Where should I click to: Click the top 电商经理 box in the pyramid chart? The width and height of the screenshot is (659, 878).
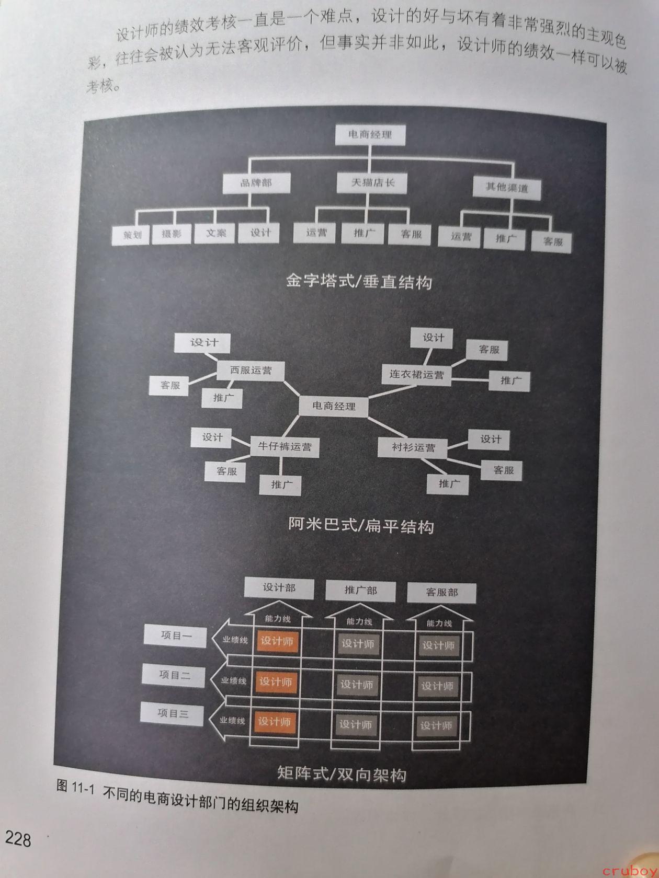click(370, 135)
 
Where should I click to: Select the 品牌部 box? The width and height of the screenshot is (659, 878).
click(256, 183)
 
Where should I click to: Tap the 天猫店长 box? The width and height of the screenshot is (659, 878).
click(372, 183)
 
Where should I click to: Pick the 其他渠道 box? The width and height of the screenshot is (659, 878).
click(507, 188)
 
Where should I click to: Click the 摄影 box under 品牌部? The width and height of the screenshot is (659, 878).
click(172, 234)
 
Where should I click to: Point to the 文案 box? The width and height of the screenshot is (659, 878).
click(215, 233)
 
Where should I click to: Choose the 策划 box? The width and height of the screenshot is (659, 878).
click(131, 235)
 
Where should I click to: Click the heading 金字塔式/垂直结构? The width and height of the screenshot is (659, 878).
click(359, 281)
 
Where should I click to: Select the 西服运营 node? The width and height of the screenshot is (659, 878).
click(251, 371)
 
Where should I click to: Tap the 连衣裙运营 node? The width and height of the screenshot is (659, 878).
click(416, 375)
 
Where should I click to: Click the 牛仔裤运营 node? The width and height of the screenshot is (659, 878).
click(285, 447)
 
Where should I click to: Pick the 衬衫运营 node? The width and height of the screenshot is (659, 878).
click(413, 447)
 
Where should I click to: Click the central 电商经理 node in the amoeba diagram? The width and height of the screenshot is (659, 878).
click(333, 407)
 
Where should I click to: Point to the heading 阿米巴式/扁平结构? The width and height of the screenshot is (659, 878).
click(361, 525)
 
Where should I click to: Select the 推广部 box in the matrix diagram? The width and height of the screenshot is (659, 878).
click(360, 591)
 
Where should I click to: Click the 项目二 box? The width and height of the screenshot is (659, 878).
click(173, 676)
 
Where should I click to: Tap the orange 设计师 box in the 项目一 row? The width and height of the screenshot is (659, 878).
click(277, 641)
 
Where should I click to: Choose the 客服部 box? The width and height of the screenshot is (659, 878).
click(442, 593)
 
